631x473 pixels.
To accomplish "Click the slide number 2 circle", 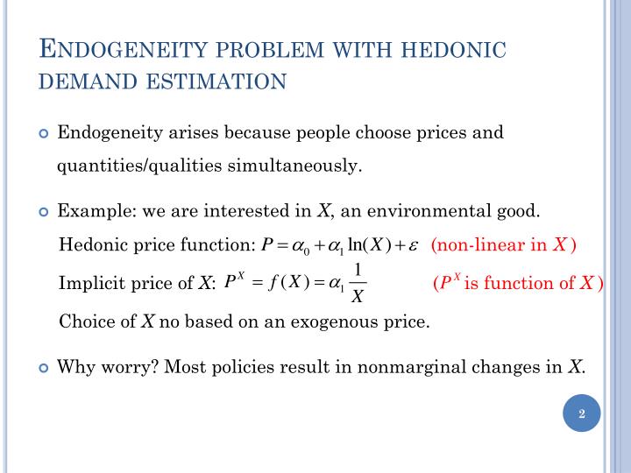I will pyautogui.click(x=581, y=413).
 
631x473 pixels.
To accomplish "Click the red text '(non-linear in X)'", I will pyautogui.click(x=503, y=245).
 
